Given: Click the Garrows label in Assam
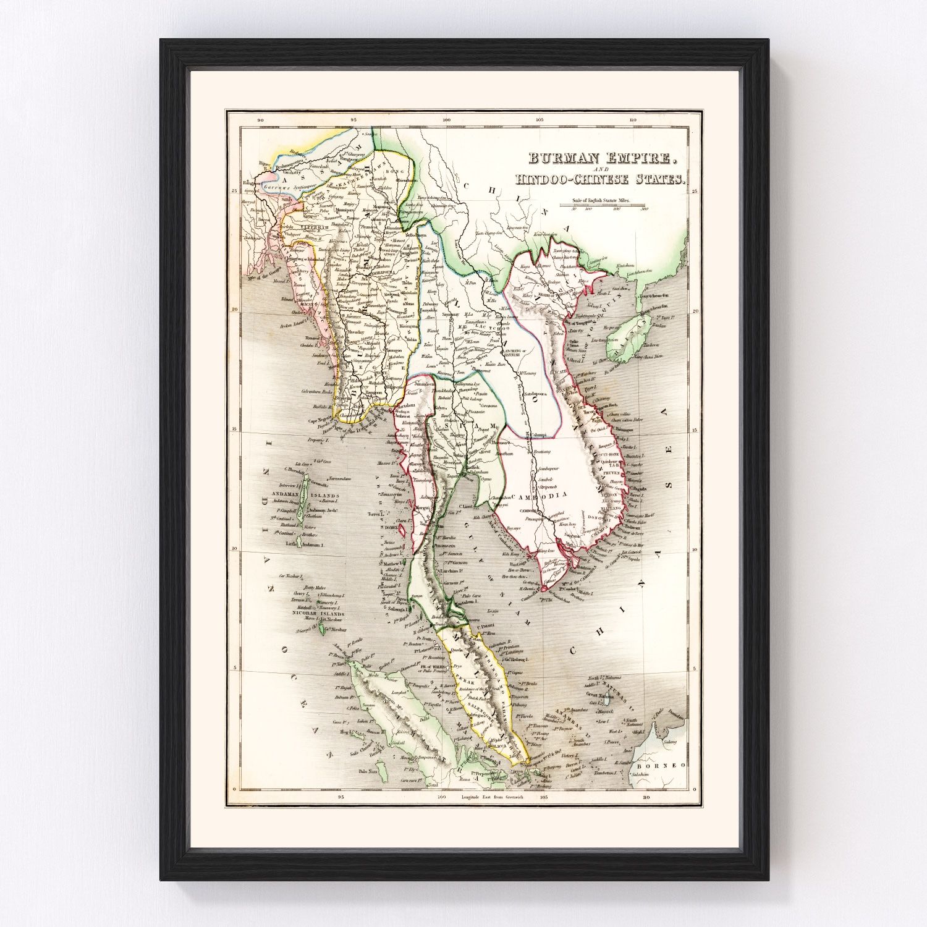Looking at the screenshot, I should tap(277, 185).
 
